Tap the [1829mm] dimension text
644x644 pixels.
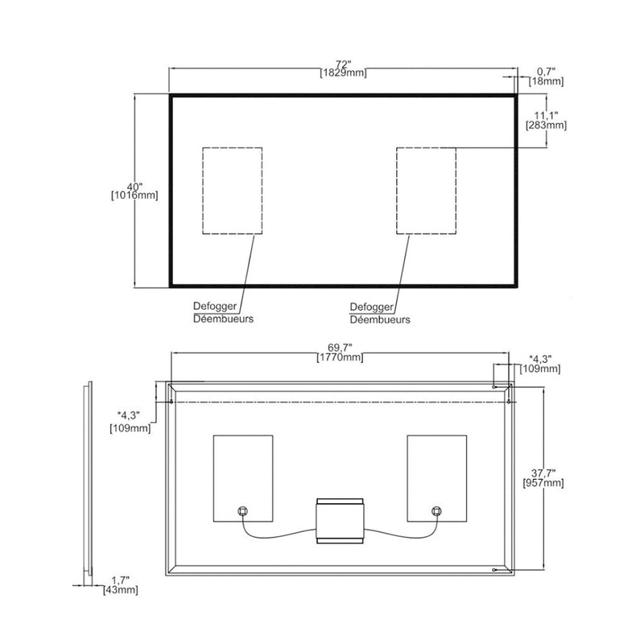[344, 73]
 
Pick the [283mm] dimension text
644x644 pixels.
[546, 126]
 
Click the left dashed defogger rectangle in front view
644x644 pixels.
[232, 191]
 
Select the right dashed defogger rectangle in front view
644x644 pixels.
[426, 191]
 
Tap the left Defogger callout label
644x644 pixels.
[215, 307]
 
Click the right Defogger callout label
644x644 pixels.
[371, 307]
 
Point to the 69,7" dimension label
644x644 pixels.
[341, 347]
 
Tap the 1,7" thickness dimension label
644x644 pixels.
[120, 580]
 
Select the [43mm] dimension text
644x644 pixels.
[121, 591]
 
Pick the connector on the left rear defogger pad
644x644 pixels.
[242, 511]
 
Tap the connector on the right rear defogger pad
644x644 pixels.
[437, 511]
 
